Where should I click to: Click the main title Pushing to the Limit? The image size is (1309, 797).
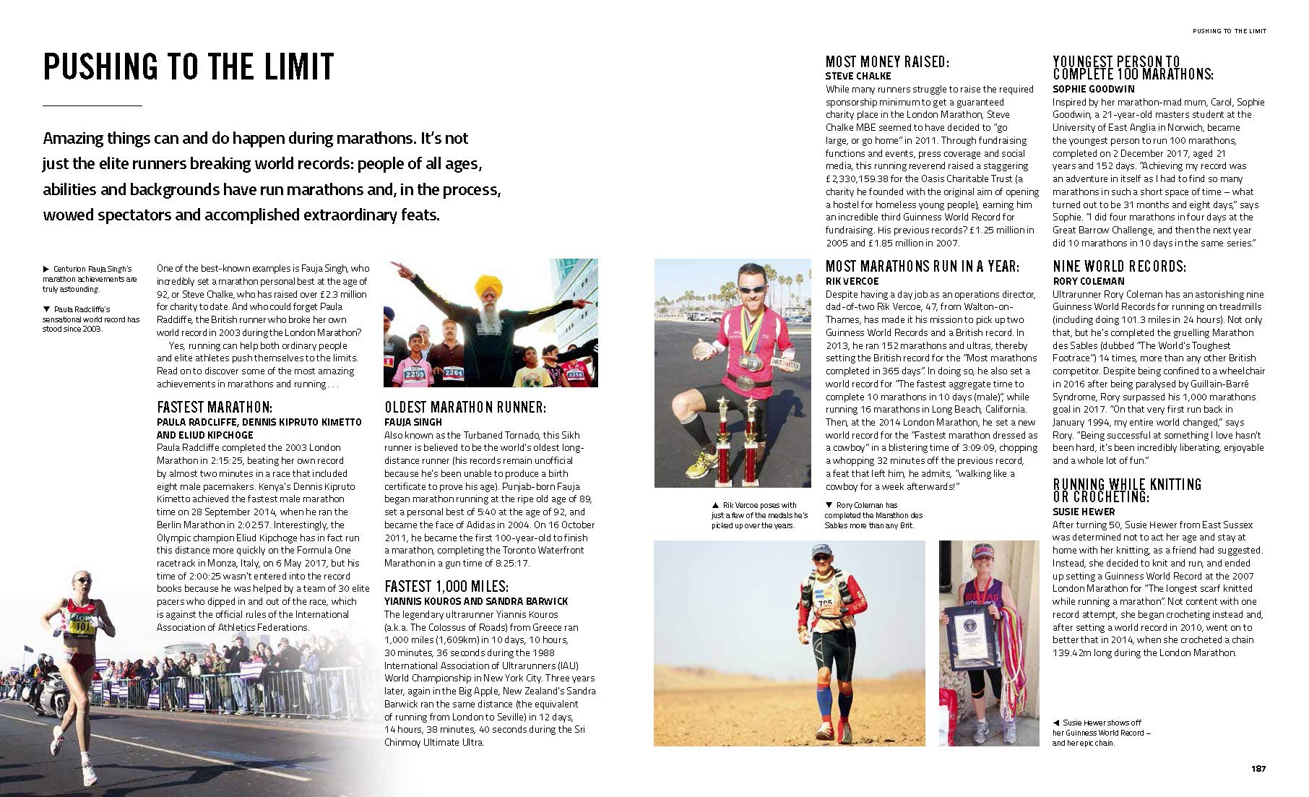coord(189,67)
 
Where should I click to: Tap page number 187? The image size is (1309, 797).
coord(1258,768)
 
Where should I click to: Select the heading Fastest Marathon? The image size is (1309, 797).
coord(215,407)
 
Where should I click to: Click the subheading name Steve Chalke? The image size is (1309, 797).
coord(858,76)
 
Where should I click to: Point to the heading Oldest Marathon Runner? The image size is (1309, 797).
coord(465,407)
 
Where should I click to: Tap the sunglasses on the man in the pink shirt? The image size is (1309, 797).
coord(753,289)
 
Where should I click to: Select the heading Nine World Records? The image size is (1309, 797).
coord(1119,267)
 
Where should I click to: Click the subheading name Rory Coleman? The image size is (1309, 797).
coord(1088,281)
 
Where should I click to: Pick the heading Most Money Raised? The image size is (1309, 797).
coord(887,62)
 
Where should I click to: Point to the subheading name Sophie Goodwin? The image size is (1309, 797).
coord(1093,89)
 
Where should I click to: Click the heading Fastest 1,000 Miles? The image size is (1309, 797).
coord(446,586)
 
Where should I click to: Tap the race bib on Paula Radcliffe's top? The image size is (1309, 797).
coord(81,626)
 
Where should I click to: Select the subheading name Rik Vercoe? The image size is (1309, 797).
coord(852,281)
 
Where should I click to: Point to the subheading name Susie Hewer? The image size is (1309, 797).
coord(1084,512)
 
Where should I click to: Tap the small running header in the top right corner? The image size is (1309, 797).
coord(1229,31)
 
